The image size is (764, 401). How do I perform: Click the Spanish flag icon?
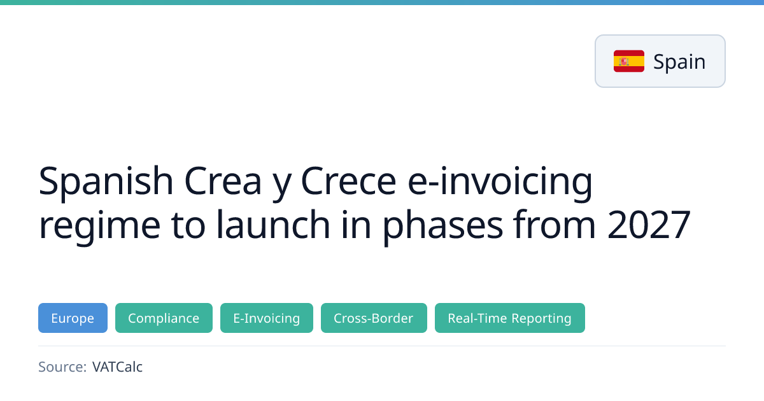pyautogui.click(x=629, y=61)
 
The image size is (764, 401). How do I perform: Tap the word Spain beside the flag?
pyautogui.click(x=679, y=62)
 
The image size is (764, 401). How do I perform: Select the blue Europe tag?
pyautogui.click(x=73, y=318)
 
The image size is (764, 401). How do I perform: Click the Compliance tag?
pyautogui.click(x=164, y=318)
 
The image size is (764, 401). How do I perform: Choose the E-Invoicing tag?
pyautogui.click(x=267, y=318)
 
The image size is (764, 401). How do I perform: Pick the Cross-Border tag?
pyautogui.click(x=374, y=318)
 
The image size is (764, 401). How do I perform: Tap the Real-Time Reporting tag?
pyautogui.click(x=510, y=318)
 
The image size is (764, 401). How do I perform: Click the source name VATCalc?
pyautogui.click(x=117, y=367)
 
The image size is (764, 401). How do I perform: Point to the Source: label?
pyautogui.click(x=62, y=367)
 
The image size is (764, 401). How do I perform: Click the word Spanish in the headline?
pyautogui.click(x=106, y=181)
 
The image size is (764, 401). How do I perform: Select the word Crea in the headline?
pyautogui.click(x=223, y=181)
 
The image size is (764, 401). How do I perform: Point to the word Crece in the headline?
pyautogui.click(x=349, y=181)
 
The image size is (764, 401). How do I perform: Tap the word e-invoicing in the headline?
pyautogui.click(x=500, y=182)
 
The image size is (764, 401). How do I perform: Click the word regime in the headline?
pyautogui.click(x=99, y=226)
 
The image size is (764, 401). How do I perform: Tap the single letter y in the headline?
pyautogui.click(x=281, y=185)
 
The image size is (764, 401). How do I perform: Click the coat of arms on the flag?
pyautogui.click(x=624, y=61)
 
